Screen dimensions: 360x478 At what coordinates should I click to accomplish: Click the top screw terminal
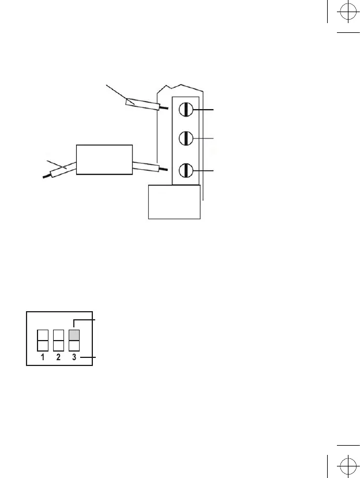[x=186, y=109]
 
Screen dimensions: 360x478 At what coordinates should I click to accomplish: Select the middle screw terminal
[x=186, y=139]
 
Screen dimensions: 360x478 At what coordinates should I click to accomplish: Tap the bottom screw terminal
[x=186, y=171]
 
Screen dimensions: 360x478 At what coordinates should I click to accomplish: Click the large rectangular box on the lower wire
[x=104, y=159]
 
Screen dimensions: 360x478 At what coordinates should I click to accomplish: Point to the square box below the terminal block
[x=174, y=201]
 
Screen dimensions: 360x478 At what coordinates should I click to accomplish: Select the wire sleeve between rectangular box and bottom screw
[x=145, y=166]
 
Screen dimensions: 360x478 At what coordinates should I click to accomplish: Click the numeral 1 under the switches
[x=42, y=358]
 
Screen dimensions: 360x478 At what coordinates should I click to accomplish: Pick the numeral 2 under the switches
[x=58, y=358]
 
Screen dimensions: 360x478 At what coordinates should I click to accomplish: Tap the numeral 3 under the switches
[x=74, y=358]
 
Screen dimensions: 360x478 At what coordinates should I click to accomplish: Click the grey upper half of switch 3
[x=74, y=335]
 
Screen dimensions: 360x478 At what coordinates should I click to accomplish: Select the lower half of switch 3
[x=74, y=345]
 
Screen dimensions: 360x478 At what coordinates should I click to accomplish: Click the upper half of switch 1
[x=42, y=335]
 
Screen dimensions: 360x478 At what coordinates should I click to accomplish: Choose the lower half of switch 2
[x=58, y=345]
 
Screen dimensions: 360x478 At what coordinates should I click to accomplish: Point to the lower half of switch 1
[x=42, y=345]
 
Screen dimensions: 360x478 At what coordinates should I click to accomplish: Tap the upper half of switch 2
[x=58, y=335]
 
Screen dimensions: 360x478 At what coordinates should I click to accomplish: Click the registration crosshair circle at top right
[x=347, y=14]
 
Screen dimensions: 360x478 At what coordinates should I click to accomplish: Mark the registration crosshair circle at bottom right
[x=347, y=465]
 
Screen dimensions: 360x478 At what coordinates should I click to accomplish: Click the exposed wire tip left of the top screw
[x=165, y=108]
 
